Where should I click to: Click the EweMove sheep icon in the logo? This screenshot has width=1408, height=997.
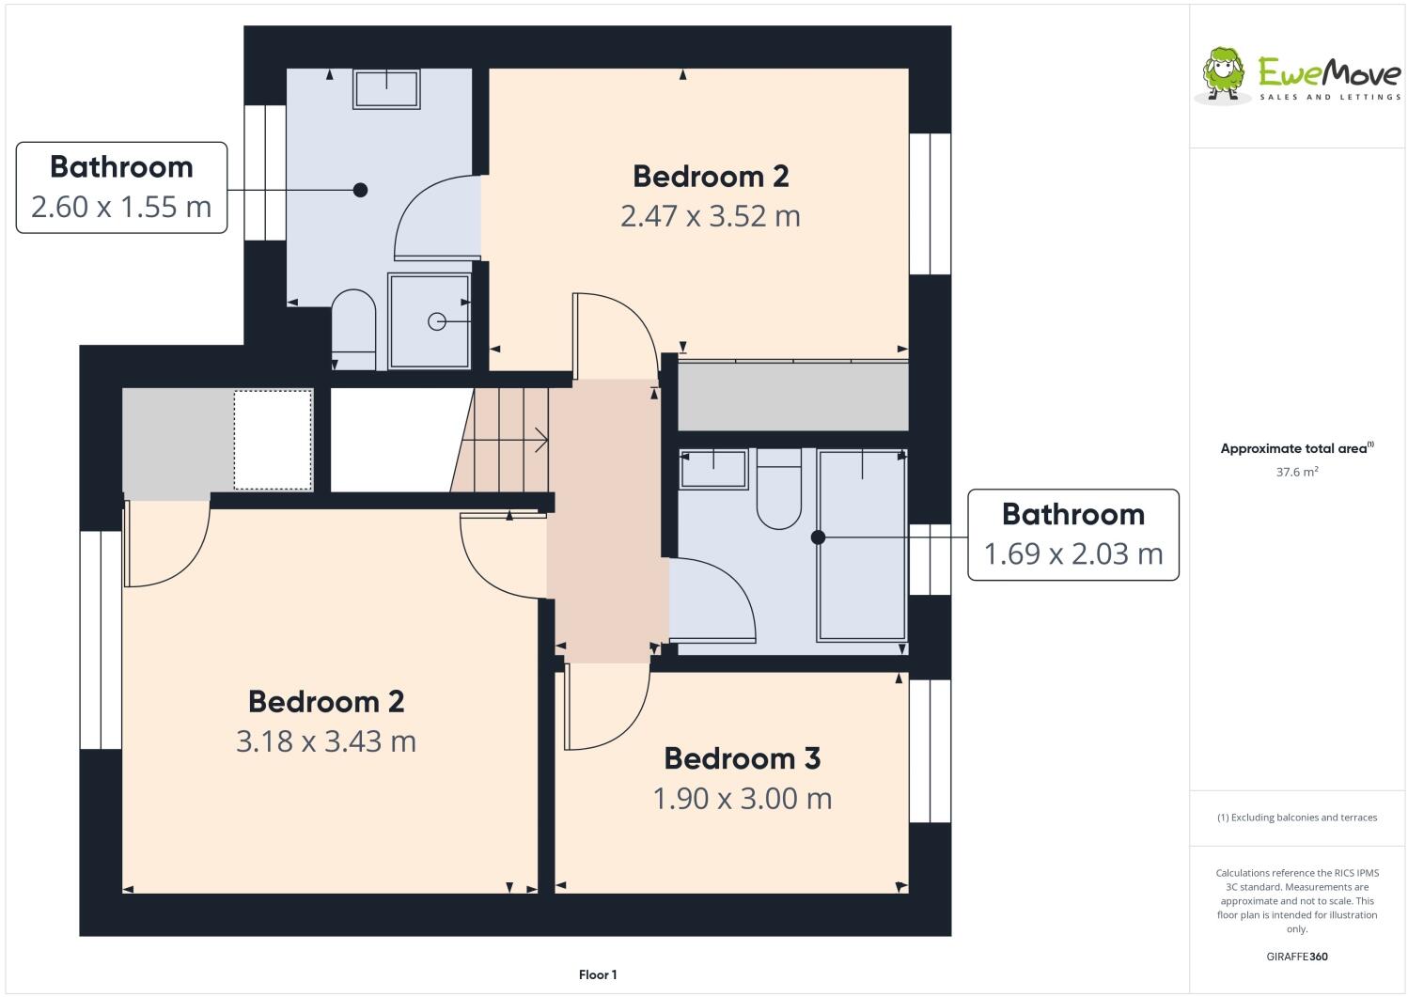[x=1225, y=72]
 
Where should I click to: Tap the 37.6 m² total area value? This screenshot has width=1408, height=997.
[x=1296, y=473]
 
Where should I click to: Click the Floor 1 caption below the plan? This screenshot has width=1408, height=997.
[x=598, y=975]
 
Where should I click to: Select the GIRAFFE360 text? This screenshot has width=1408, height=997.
[x=1296, y=958]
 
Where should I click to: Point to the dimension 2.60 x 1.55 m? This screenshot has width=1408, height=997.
[x=121, y=207]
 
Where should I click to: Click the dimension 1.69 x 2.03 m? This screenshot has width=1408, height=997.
[x=1072, y=554]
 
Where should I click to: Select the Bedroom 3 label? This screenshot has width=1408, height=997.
[x=742, y=758]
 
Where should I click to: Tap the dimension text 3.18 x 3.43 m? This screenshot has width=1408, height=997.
[x=326, y=741]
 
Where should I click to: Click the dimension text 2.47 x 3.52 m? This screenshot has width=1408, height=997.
[x=710, y=216]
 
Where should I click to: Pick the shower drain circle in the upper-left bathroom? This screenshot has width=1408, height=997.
[x=436, y=321]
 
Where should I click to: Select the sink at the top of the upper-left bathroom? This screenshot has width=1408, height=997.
[x=386, y=88]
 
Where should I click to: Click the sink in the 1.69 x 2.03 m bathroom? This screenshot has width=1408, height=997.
[x=713, y=468]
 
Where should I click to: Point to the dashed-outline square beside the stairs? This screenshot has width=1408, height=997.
[x=273, y=440]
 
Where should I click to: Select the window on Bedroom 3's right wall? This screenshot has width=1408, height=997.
[x=930, y=750]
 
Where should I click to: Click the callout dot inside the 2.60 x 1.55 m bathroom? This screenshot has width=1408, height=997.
[x=360, y=190]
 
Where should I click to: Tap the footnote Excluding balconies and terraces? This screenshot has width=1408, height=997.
[x=1296, y=818]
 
